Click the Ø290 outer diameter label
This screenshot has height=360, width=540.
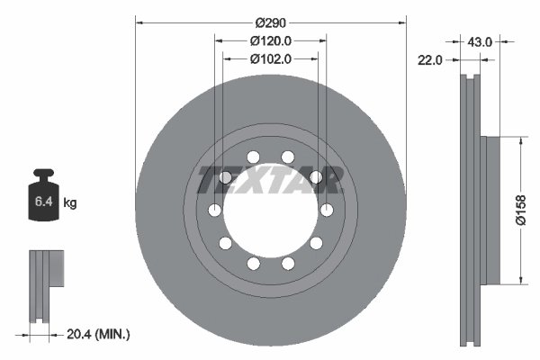click(270, 21)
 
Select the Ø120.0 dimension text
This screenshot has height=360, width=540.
click(271, 40)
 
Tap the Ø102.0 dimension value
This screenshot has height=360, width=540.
click(271, 60)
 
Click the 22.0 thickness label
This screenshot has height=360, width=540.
click(430, 60)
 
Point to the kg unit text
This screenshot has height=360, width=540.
click(71, 204)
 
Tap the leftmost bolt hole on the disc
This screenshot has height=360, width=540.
click(215, 210)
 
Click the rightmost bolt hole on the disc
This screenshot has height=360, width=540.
click(326, 210)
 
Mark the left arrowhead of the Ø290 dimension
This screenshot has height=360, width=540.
click(139, 21)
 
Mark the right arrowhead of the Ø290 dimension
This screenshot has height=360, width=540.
click(401, 21)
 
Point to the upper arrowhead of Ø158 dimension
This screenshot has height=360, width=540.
click(520, 141)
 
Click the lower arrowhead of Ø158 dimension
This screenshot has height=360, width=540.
click(520, 280)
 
